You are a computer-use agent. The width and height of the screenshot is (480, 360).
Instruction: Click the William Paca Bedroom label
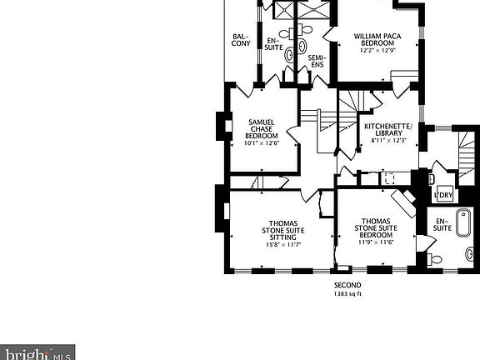click(377, 39)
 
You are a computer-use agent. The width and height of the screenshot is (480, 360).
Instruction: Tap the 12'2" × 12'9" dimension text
click(377, 51)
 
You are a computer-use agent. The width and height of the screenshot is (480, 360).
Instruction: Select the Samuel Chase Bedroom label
click(262, 129)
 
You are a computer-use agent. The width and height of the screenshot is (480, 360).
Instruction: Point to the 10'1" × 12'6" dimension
click(262, 143)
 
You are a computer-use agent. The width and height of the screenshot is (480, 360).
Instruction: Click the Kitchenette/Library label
click(388, 129)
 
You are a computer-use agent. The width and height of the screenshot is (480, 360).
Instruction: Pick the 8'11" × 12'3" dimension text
click(389, 141)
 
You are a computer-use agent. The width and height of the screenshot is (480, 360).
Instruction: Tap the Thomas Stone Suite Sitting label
click(283, 230)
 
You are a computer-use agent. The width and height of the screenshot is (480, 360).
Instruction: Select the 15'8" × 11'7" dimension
click(283, 245)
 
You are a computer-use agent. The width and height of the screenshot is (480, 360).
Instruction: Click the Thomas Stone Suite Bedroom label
click(376, 228)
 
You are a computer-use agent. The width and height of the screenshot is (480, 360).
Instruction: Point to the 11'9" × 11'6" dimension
click(376, 242)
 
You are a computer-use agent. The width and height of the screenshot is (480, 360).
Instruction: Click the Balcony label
click(241, 40)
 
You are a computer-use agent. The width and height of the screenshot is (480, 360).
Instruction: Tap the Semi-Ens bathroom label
click(317, 61)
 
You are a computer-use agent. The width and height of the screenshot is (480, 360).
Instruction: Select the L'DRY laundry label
click(443, 195)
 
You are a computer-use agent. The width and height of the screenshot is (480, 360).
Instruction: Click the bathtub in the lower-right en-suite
click(463, 222)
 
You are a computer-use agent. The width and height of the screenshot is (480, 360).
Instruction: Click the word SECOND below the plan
click(347, 285)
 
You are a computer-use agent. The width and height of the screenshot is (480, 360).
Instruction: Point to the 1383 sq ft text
click(347, 294)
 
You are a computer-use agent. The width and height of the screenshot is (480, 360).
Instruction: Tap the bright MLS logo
click(37, 352)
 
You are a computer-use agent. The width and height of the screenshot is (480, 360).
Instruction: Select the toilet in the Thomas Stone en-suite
click(434, 260)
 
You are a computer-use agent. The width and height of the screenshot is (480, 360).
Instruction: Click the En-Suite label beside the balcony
click(273, 44)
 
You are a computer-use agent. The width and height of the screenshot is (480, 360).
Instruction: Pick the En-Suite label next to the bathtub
click(442, 225)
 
